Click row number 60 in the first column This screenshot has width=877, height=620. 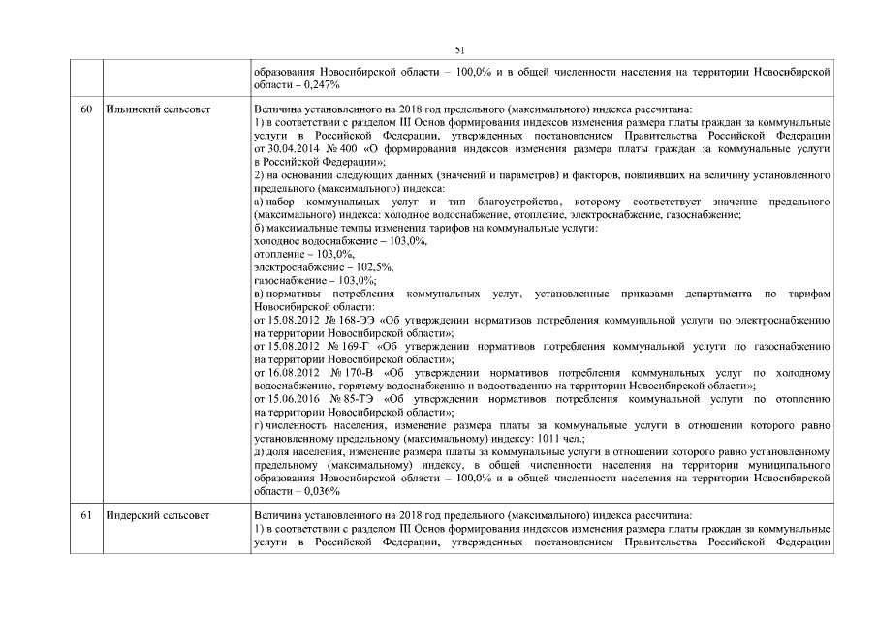[x=86, y=110]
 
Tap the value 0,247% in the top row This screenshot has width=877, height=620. [x=317, y=84]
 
